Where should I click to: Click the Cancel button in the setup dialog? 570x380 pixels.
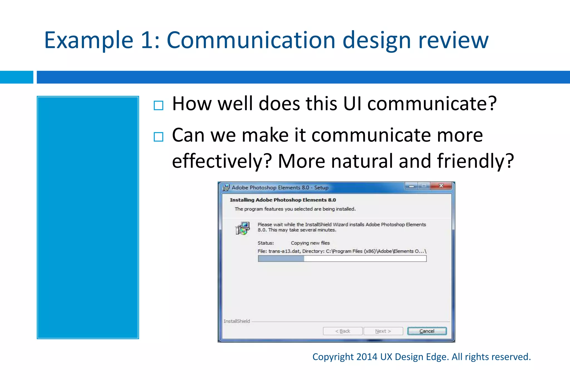coord(427,331)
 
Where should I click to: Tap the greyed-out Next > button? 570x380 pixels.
coord(383,331)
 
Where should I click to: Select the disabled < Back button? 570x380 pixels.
coord(343,331)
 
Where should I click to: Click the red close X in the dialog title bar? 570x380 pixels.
coord(441,186)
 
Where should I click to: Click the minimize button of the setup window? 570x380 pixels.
coord(411,186)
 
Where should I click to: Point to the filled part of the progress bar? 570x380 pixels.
coord(281,259)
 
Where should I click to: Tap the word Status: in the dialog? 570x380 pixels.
coord(266,243)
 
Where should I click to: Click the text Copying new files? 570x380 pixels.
coord(310,243)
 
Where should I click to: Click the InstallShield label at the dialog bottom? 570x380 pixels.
coord(237,321)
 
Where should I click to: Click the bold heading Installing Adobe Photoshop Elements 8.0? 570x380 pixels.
coord(283,200)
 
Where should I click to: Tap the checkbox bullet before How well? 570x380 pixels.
coord(158,106)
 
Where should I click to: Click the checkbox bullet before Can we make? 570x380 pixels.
coord(158,137)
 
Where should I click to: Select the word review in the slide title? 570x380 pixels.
coord(453,40)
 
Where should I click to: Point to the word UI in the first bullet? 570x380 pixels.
coord(352,104)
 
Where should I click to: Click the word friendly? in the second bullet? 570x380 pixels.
coord(475,161)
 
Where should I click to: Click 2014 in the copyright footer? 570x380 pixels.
coord(367,357)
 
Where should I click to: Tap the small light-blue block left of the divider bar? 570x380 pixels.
coord(16,77)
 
